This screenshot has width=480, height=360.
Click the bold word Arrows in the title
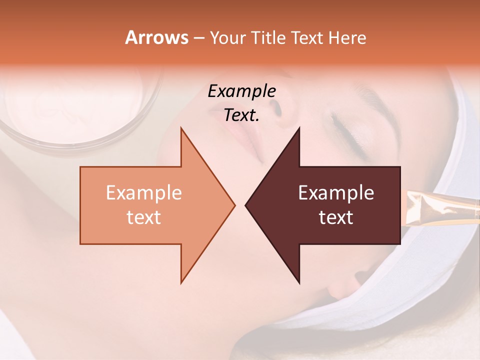(x=156, y=37)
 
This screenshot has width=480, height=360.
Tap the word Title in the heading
(x=267, y=37)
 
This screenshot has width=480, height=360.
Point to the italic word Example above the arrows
(x=241, y=91)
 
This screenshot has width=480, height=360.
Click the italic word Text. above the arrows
(x=241, y=115)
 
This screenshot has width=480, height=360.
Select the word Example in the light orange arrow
(x=144, y=192)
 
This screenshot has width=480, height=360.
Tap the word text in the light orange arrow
(x=144, y=217)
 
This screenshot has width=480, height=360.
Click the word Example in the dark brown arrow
(x=336, y=192)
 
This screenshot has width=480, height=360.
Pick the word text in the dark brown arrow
(x=336, y=217)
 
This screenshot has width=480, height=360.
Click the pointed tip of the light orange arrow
(x=234, y=205)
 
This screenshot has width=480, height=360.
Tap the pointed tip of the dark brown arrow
(x=246, y=205)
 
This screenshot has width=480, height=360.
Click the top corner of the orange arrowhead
(x=181, y=128)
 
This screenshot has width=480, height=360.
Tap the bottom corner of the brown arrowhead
(x=299, y=283)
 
